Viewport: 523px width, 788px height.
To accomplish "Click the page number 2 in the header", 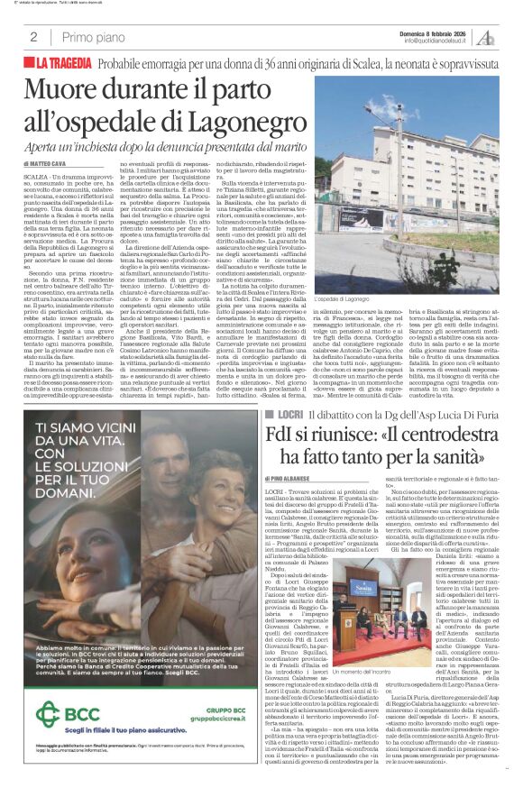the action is [33, 37].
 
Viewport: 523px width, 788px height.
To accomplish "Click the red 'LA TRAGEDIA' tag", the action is [64, 64].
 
